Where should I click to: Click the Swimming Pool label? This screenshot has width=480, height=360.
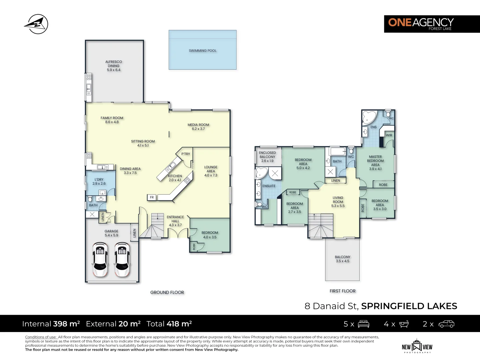[203, 51]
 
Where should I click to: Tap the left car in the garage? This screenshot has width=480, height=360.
[100, 260]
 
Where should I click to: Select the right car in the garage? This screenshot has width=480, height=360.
[122, 260]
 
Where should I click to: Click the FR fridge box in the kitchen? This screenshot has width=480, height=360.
[152, 197]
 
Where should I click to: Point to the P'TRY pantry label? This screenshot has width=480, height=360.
[186, 154]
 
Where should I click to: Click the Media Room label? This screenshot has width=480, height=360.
[198, 125]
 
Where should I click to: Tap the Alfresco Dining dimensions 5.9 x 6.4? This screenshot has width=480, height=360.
[114, 70]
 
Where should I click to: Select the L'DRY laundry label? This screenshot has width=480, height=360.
[99, 179]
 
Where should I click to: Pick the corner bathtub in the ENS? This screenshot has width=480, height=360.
[369, 117]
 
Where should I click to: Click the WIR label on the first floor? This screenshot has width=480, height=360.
[389, 135]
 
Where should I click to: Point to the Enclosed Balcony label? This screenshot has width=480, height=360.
[267, 155]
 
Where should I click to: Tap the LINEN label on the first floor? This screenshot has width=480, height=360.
[336, 181]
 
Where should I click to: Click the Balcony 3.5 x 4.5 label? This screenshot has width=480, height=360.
[342, 259]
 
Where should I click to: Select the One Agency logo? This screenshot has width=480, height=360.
[432, 24]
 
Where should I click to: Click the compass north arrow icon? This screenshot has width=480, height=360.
[36, 24]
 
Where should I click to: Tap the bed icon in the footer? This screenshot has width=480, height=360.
[363, 324]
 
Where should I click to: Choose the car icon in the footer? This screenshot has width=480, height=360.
[446, 324]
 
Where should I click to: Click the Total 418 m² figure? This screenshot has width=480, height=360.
[169, 324]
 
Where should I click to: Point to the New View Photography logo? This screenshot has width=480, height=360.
[417, 346]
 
